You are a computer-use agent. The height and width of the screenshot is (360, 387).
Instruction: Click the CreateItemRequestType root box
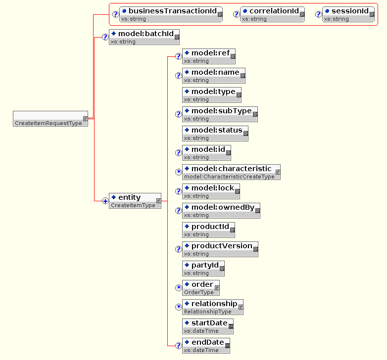pyautogui.click(x=50, y=119)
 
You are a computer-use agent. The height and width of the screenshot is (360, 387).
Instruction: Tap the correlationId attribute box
pyautogui.click(x=272, y=14)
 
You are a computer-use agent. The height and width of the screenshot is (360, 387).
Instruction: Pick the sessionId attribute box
pyautogui.click(x=348, y=14)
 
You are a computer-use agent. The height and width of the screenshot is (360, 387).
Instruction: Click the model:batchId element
pyautogui.click(x=144, y=37)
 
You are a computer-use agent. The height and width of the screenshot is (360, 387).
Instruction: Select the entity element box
pyautogui.click(x=135, y=201)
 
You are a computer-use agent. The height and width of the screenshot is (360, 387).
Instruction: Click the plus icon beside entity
pyautogui.click(x=105, y=201)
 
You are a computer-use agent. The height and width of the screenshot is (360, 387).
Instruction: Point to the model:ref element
pyautogui.click(x=209, y=56)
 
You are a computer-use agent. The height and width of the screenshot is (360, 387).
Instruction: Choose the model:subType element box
pyautogui.click(x=220, y=114)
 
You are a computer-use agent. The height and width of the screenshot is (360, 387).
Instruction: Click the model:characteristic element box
pyautogui.click(x=231, y=172)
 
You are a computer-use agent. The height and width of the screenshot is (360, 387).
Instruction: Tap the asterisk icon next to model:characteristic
pyautogui.click(x=179, y=172)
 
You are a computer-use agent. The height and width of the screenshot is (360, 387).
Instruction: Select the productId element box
pyautogui.click(x=209, y=230)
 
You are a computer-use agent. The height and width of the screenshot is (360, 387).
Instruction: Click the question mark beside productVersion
pyautogui.click(x=179, y=249)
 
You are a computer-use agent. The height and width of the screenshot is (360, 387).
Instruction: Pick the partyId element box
pyautogui.click(x=203, y=269)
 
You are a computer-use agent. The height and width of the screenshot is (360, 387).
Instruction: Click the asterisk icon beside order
pyautogui.click(x=179, y=288)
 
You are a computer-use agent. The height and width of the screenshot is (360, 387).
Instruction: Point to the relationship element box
pyautogui.click(x=213, y=307)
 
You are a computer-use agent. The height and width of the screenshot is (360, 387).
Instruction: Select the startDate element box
pyautogui.click(x=208, y=326)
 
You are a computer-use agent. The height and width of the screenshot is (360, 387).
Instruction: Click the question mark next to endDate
pyautogui.click(x=179, y=346)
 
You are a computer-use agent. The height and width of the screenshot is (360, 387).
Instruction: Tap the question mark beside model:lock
pyautogui.click(x=179, y=191)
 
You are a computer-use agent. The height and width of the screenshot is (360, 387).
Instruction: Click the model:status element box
pyautogui.click(x=215, y=134)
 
